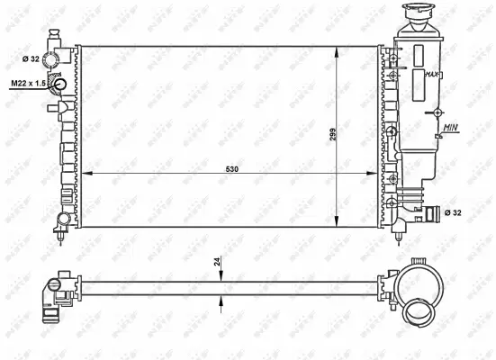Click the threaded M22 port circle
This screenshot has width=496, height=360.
pyautogui.click(x=61, y=86)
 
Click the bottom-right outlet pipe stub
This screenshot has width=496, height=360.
pyautogui.click(x=436, y=214)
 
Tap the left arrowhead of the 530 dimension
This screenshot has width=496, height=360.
pyautogui.click(x=86, y=173)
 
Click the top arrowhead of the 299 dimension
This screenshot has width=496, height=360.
pyautogui.click(x=337, y=48)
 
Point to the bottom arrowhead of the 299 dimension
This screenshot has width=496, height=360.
pyautogui.click(x=337, y=225)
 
